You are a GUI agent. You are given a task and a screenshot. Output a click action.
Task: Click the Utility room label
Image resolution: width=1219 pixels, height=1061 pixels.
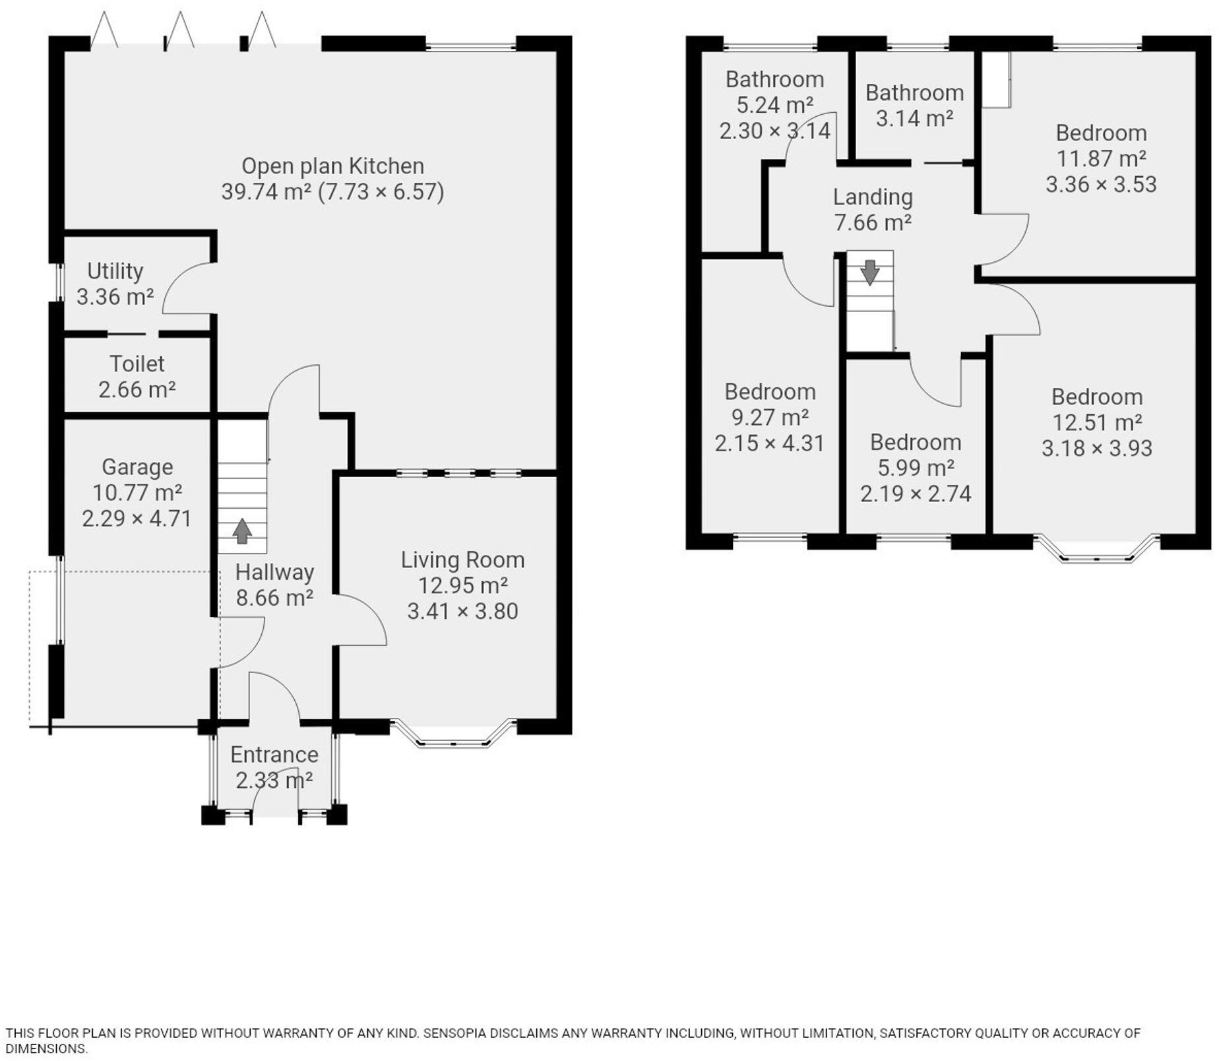tap(115, 271)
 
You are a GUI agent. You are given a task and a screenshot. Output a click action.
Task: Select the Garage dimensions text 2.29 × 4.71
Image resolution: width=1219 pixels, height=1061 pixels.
tap(137, 519)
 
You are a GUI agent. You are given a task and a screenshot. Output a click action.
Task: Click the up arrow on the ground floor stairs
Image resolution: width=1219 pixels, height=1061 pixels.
tap(242, 531)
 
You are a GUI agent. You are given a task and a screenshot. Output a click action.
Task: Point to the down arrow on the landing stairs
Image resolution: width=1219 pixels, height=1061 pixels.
tap(869, 272)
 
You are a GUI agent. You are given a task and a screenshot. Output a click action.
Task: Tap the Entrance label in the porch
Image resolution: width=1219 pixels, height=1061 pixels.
tap(274, 754)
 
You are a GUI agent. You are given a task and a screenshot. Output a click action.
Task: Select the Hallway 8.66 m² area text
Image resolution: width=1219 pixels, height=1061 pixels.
tap(274, 598)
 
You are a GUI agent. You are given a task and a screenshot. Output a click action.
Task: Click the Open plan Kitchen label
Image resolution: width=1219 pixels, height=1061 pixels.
tap(332, 166)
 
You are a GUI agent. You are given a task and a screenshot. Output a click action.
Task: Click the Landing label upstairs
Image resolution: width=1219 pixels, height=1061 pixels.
tap(873, 197)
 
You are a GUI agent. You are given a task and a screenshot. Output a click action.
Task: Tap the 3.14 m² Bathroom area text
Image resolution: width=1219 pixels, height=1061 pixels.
tap(914, 119)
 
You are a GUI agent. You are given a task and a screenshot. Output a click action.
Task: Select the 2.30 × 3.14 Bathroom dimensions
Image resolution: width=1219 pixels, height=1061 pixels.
tap(774, 131)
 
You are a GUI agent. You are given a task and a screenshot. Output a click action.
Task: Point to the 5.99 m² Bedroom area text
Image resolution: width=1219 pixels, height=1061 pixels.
tap(916, 468)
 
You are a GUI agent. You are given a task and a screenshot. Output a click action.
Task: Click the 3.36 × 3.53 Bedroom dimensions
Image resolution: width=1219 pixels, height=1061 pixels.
tap(1101, 184)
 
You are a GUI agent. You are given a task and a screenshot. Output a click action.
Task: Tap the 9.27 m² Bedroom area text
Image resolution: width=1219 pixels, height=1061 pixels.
tap(770, 418)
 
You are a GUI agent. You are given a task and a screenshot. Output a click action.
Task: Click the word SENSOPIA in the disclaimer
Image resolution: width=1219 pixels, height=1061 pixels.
tap(458, 1033)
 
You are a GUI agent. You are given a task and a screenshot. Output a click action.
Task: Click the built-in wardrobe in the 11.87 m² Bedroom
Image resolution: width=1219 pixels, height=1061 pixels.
tap(996, 79)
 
